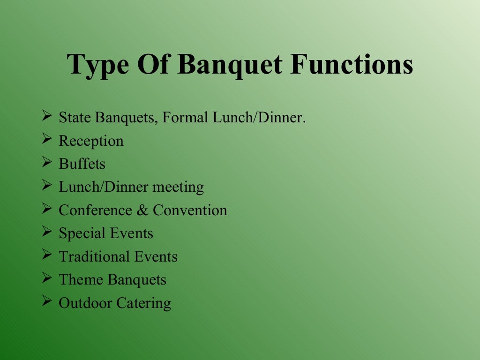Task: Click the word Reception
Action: pos(91,141)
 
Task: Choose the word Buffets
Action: pos(82,164)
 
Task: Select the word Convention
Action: pos(190,210)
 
